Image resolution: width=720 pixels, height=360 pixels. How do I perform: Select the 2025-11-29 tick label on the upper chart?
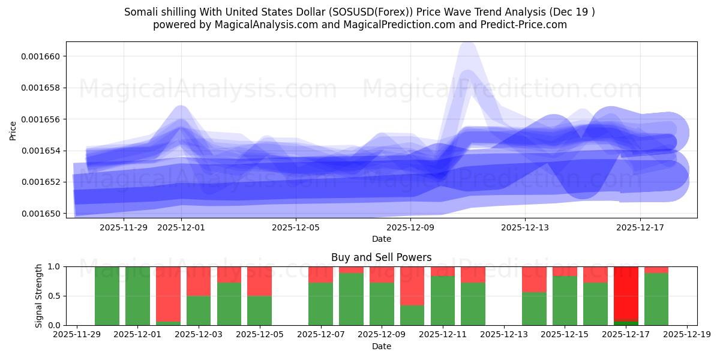[124, 227]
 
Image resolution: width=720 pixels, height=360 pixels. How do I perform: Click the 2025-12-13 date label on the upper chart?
[525, 227]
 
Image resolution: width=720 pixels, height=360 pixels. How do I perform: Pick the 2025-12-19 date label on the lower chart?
[686, 335]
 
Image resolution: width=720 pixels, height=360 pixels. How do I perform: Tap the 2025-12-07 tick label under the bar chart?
[320, 335]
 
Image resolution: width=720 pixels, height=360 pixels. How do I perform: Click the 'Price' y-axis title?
[13, 130]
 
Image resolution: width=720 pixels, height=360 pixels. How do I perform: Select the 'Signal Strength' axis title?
[39, 295]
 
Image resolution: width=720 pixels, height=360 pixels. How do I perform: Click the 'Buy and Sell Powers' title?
[381, 257]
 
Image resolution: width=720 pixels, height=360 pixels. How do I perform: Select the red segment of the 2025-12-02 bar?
[168, 294]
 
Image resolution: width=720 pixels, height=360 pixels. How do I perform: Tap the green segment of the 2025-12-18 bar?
[656, 299]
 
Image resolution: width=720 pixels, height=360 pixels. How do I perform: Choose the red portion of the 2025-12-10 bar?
[412, 286]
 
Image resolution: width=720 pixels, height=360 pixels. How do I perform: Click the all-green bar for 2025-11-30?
[107, 296]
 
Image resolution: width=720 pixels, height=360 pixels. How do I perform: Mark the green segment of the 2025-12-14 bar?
[534, 308]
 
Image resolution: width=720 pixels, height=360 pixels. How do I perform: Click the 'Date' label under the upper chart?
[382, 239]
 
